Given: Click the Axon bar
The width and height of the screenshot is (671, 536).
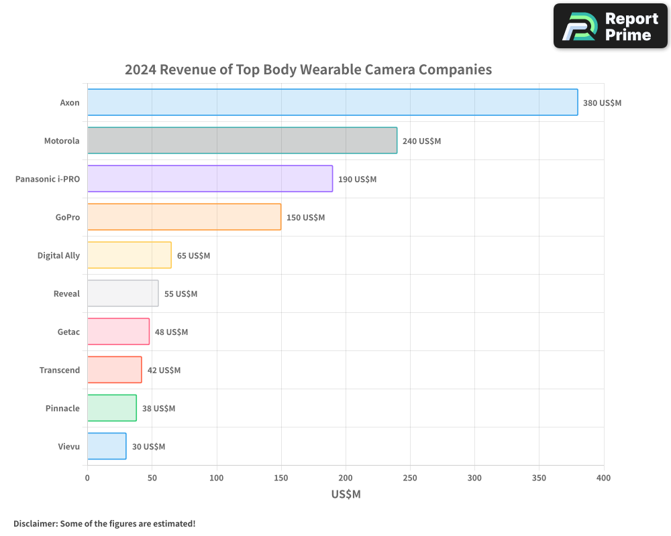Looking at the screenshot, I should pos(332,103).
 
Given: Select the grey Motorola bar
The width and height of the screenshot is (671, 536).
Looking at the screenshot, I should pos(242,141).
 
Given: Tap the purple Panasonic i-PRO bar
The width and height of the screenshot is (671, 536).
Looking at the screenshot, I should pos(209,179).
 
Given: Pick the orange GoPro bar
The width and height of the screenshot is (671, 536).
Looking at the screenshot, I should pos(184,217).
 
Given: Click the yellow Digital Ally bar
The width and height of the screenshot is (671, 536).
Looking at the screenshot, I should pos(129,255).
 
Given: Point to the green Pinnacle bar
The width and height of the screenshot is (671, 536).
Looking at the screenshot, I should pos(111,408).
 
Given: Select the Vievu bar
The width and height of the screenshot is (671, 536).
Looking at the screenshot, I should pos(107,446).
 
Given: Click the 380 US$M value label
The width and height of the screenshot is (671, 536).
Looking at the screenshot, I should pos(602,103).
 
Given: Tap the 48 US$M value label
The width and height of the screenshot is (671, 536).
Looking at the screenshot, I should pos(171,332).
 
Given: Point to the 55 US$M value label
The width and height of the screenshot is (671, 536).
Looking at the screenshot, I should pos(180,294).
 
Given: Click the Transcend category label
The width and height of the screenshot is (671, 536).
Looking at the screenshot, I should pos(59,371).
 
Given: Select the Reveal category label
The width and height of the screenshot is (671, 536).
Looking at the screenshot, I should pos(66,294).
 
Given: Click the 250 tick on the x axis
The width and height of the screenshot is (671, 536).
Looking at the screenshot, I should pos(410,478).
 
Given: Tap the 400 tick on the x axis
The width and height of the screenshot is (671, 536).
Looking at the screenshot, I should pos(603,478).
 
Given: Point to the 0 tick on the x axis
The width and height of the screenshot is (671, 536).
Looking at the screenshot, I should pos(87,478).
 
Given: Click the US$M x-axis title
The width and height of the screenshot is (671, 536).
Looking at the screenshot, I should pos(346,494).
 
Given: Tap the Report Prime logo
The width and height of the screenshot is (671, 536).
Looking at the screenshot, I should pos(610,26).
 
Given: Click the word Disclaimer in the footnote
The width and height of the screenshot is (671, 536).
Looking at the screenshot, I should pos(34,523).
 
